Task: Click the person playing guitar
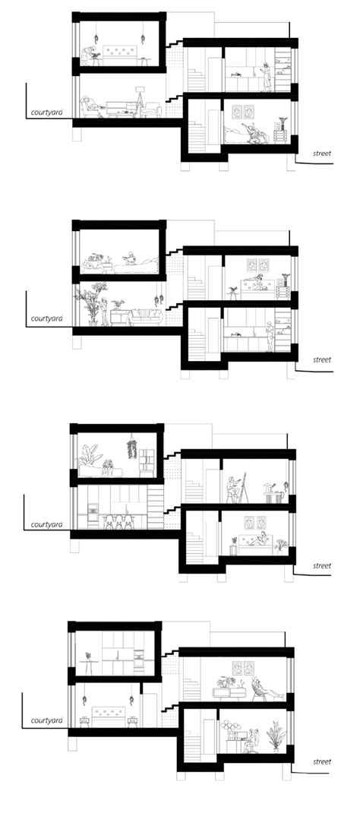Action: pos(89,55)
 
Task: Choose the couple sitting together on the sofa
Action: pos(112,467)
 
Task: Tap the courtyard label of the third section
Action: pos(46,524)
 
